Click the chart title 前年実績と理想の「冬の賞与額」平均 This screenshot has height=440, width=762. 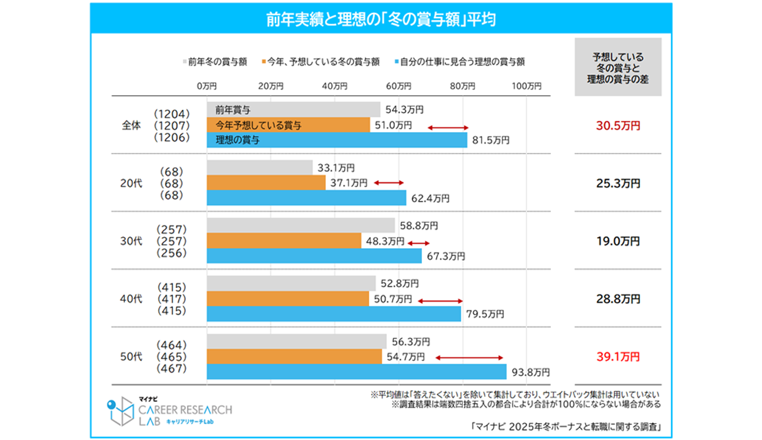[381, 19]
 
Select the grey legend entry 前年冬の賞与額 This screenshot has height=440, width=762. [216, 61]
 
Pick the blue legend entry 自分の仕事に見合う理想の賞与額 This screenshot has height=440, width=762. [462, 61]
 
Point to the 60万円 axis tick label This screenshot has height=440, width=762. [399, 86]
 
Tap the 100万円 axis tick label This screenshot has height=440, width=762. [526, 86]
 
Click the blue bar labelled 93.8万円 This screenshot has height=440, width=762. [356, 372]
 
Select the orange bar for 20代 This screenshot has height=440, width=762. [266, 183]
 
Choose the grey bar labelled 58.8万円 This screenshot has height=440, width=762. [301, 225]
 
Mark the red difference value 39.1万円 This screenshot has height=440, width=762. [618, 357]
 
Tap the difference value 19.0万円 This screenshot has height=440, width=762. [618, 241]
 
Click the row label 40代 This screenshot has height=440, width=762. [132, 299]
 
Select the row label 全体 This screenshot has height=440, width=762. [131, 126]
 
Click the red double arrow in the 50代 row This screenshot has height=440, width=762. [469, 357]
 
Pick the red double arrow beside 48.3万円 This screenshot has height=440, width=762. [419, 242]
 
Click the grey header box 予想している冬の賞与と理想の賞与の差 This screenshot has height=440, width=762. [618, 67]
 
